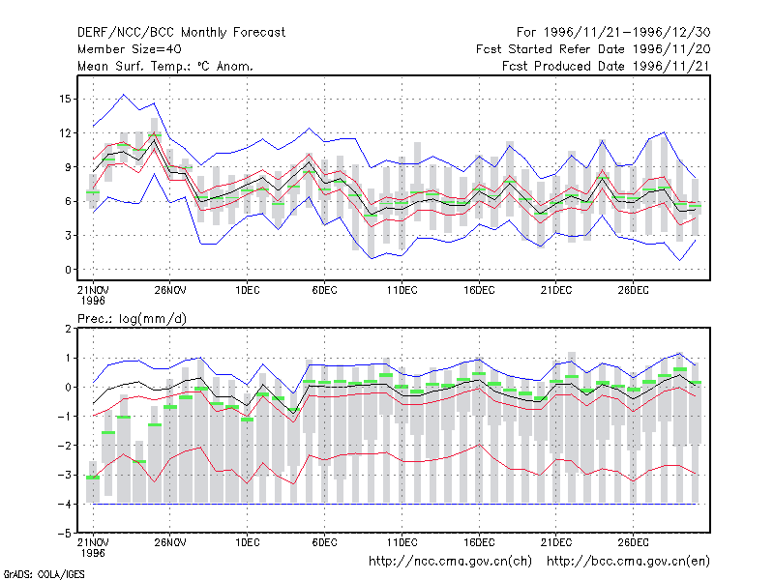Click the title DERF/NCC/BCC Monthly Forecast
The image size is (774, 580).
(x=181, y=33)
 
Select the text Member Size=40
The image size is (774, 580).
(x=130, y=49)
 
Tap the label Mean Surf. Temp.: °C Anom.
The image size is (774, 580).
(x=165, y=66)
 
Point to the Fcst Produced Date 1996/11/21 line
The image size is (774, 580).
(x=606, y=66)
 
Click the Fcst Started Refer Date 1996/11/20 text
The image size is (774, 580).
(x=593, y=49)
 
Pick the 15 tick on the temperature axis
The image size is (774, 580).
(x=65, y=100)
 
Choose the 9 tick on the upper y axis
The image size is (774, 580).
(x=68, y=167)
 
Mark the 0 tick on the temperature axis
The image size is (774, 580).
(x=68, y=270)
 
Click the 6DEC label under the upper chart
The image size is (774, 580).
(x=324, y=290)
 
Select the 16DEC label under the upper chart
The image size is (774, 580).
(x=479, y=290)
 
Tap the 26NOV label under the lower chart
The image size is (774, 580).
(x=170, y=542)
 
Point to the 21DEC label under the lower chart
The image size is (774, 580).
(x=555, y=542)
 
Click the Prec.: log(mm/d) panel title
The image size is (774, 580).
(x=132, y=319)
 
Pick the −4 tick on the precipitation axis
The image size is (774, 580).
(x=65, y=504)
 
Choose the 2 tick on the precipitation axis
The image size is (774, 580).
(x=68, y=329)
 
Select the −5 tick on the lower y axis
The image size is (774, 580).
(x=65, y=534)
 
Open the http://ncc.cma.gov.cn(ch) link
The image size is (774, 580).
(x=450, y=562)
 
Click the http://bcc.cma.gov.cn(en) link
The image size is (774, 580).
(x=628, y=562)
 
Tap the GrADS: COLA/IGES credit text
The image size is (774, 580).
(x=44, y=574)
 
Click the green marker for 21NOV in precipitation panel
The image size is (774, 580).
(x=93, y=478)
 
